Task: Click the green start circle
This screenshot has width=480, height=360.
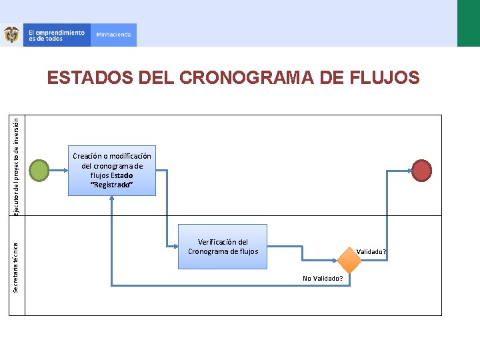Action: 40,171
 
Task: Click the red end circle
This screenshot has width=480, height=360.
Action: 422,170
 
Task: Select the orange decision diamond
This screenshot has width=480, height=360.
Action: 349,260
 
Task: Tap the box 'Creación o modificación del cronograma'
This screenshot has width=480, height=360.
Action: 111,170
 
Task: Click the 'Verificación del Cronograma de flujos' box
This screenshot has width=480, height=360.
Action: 223,246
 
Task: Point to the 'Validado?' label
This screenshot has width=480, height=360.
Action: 371,252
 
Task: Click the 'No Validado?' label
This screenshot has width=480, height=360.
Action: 323,278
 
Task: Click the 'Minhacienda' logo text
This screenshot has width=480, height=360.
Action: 113,35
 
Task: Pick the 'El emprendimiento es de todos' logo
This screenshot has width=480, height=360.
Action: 56,35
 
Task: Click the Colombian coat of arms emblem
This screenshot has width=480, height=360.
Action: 11,35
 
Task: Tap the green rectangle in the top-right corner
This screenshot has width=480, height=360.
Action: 468,23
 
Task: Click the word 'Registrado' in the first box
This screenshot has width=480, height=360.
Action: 112,185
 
